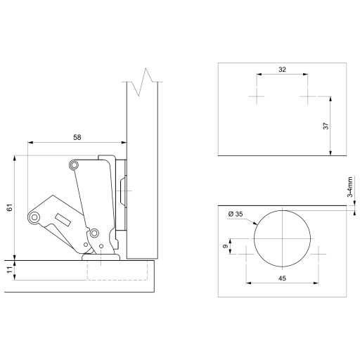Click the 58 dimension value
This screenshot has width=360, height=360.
coord(77,137)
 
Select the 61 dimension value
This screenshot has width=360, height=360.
coord(10,207)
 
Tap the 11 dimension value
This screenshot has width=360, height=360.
coord(10,270)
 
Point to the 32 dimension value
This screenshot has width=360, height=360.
coord(282,70)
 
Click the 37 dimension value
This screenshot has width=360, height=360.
coord(326,126)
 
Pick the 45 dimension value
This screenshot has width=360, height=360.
coord(282,278)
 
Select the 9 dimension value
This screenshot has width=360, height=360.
coord(226,246)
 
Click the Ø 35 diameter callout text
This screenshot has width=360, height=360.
coord(236,214)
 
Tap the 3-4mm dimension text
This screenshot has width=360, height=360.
coord(350,187)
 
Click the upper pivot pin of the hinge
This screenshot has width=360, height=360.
coord(74,165)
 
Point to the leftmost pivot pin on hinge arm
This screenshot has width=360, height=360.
coord(34,217)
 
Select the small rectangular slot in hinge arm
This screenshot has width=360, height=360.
coord(63,220)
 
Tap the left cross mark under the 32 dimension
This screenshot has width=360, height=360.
coord(257,96)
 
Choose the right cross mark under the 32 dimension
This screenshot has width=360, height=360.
coord(308,96)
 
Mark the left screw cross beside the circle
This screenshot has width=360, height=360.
coord(246,254)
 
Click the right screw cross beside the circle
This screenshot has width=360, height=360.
coord(319,254)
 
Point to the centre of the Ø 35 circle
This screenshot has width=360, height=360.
coord(282,238)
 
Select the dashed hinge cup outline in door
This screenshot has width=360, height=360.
coord(117,280)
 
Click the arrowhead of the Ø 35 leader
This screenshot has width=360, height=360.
coord(255,224)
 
